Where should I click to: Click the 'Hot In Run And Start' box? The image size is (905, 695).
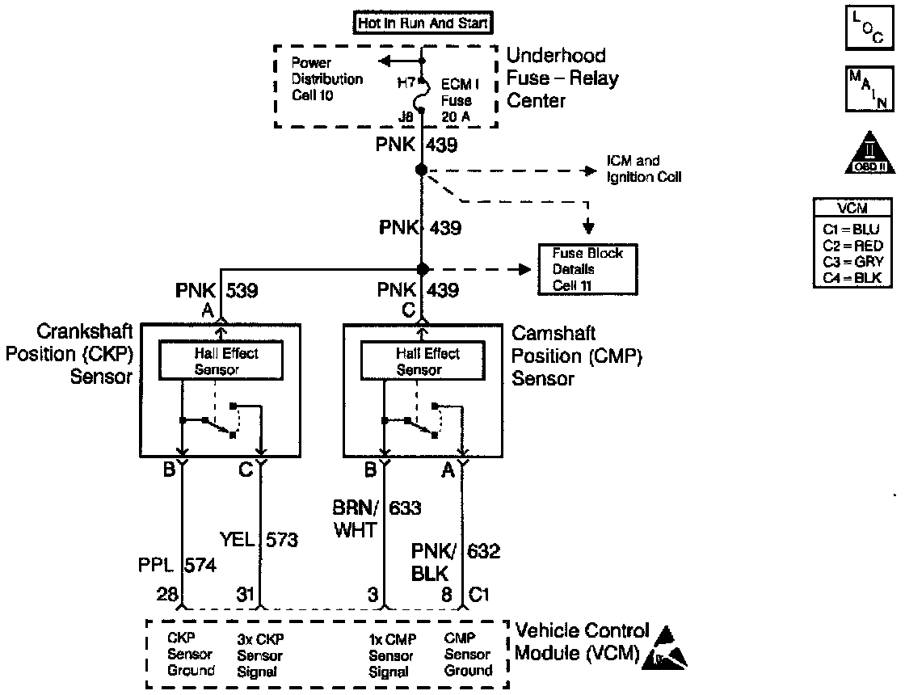(x=423, y=23)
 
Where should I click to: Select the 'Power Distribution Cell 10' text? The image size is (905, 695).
(x=326, y=79)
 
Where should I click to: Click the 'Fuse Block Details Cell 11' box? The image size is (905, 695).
(x=587, y=269)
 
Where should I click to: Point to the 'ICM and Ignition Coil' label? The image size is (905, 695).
(x=644, y=169)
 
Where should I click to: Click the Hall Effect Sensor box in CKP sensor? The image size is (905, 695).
(x=220, y=360)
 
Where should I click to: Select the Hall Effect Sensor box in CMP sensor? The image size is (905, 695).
(x=422, y=360)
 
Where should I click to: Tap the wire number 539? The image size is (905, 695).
(x=242, y=290)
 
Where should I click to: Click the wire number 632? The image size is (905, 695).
(x=484, y=552)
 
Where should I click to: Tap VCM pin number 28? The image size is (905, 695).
(x=167, y=596)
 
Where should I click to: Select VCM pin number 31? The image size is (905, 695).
(x=246, y=596)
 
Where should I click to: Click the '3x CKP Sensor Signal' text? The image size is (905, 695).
(x=260, y=655)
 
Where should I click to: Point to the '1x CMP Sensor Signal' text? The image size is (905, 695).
(x=391, y=655)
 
